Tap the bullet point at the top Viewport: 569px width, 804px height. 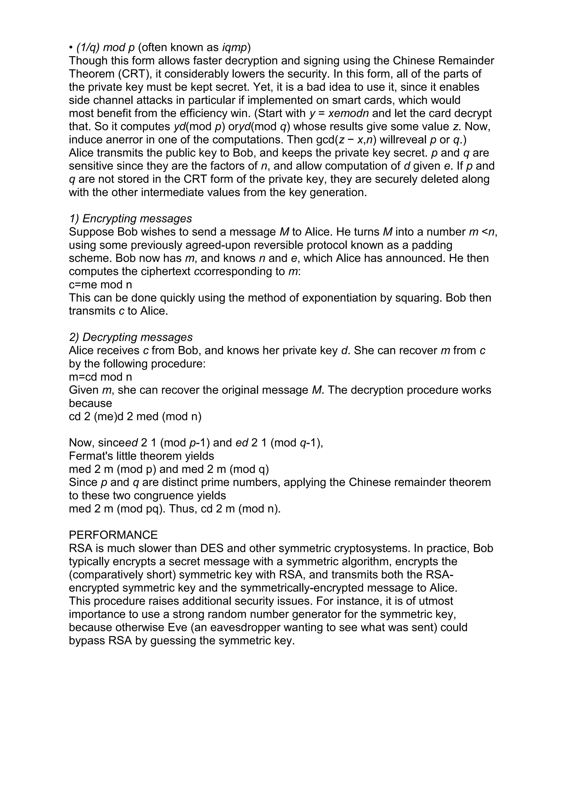[x=71, y=47]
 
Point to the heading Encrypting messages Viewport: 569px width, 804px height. [x=130, y=218]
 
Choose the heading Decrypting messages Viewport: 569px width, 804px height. [x=131, y=337]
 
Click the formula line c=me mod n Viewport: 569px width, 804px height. [x=100, y=285]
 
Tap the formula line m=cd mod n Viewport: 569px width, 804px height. [x=100, y=377]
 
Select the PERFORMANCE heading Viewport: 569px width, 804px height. [x=113, y=535]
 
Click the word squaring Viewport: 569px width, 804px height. [x=408, y=298]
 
